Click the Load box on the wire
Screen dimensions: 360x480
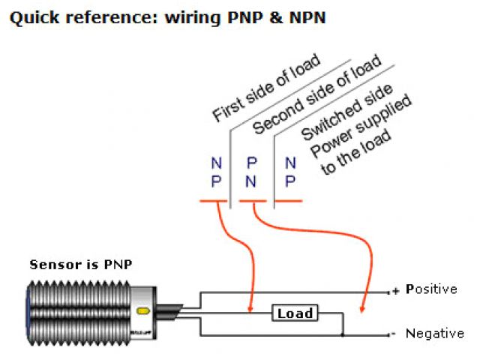coord(295,313)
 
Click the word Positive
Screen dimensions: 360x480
coord(431,289)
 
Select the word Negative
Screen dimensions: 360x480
coord(434,333)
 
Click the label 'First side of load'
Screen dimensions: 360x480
coord(266,88)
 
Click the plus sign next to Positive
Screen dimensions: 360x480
coord(395,289)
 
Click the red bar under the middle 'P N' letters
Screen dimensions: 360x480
coord(251,202)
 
